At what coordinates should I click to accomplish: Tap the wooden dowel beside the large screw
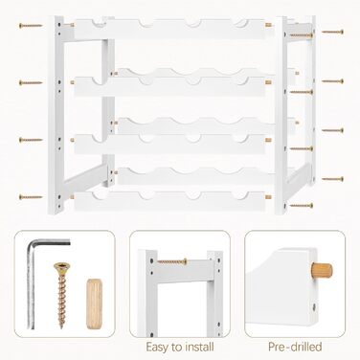tap(94, 304)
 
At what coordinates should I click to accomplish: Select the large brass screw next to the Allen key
tap(62, 295)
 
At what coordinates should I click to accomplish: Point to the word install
tap(198, 347)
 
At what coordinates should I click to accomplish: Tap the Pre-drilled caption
tap(295, 347)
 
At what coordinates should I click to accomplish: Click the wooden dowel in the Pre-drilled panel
tap(322, 270)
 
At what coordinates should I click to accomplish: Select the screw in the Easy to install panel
tap(172, 261)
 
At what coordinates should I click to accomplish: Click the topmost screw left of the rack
tap(31, 26)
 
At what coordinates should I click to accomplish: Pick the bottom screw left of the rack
tap(31, 197)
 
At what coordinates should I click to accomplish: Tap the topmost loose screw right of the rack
tap(332, 32)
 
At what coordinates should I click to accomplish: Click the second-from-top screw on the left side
tap(31, 83)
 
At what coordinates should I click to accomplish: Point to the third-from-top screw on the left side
tap(31, 140)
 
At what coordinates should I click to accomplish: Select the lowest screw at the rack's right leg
tap(302, 206)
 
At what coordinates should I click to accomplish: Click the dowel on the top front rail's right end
tap(268, 25)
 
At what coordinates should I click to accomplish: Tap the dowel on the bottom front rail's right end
tap(268, 197)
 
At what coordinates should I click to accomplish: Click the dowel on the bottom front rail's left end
tap(72, 197)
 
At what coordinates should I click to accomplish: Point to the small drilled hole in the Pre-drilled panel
tap(314, 307)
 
